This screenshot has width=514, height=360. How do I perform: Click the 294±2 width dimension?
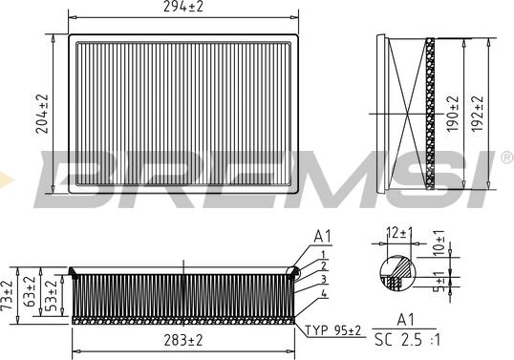(183, 7)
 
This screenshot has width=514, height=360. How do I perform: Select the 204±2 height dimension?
(42, 114)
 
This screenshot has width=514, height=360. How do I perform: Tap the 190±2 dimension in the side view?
(452, 114)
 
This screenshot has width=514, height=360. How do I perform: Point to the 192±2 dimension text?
(477, 114)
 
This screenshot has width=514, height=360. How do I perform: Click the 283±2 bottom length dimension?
(183, 340)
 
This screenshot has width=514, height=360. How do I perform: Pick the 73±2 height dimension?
(7, 295)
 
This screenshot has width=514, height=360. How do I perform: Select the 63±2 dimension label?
(30, 291)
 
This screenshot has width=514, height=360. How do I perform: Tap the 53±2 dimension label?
(52, 296)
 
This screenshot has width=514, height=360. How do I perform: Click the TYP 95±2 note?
(333, 330)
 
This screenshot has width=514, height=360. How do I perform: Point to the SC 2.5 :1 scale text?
(407, 340)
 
